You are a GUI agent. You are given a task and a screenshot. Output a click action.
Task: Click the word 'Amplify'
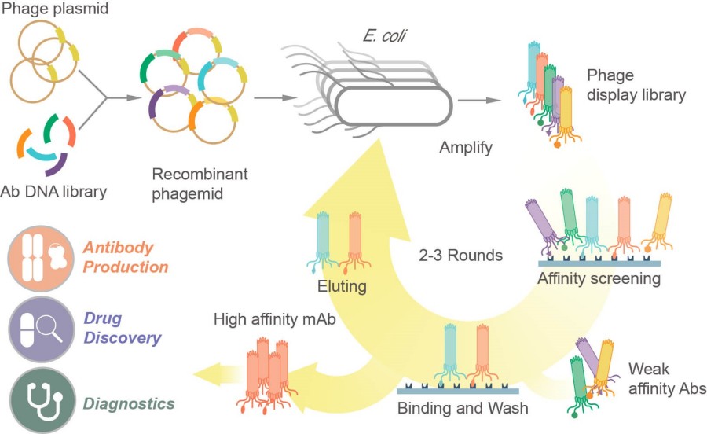tap(467, 148)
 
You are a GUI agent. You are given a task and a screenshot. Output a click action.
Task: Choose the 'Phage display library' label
tap(636, 86)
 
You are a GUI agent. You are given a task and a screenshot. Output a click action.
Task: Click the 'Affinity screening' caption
tap(599, 278)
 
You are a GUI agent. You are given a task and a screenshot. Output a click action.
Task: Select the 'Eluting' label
tap(343, 286)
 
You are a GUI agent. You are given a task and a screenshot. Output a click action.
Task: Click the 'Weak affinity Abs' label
tap(667, 378)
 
